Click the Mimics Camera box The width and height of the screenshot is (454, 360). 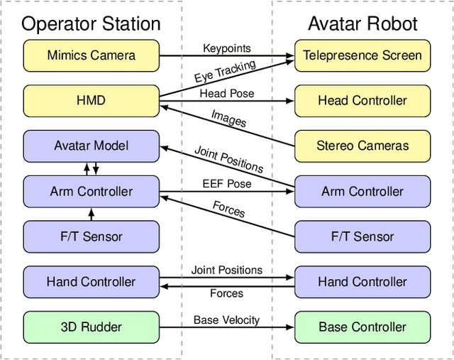point(91,55)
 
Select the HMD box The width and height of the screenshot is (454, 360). point(91,100)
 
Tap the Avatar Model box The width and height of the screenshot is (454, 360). point(91,146)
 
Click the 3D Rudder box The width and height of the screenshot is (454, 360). point(91,327)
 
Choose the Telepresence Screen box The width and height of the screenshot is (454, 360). point(362,55)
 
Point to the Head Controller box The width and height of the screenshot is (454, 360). point(362,100)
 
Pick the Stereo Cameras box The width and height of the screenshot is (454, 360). point(362,146)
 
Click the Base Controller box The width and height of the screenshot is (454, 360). point(362,327)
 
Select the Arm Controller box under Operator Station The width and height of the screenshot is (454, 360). point(91,191)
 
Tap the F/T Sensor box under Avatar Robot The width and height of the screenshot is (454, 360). point(362,236)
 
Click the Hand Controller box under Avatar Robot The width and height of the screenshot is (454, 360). point(362,282)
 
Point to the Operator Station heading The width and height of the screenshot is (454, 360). point(91,23)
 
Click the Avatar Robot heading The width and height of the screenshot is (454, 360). point(362,23)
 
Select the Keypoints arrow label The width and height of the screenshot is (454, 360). point(226,48)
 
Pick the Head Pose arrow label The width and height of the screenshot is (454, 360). point(226,93)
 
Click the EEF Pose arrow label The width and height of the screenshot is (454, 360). point(226,184)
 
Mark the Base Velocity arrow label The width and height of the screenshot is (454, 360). point(226,320)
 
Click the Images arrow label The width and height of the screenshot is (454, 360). point(228,118)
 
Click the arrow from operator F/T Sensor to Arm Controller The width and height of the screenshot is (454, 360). point(91,214)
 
